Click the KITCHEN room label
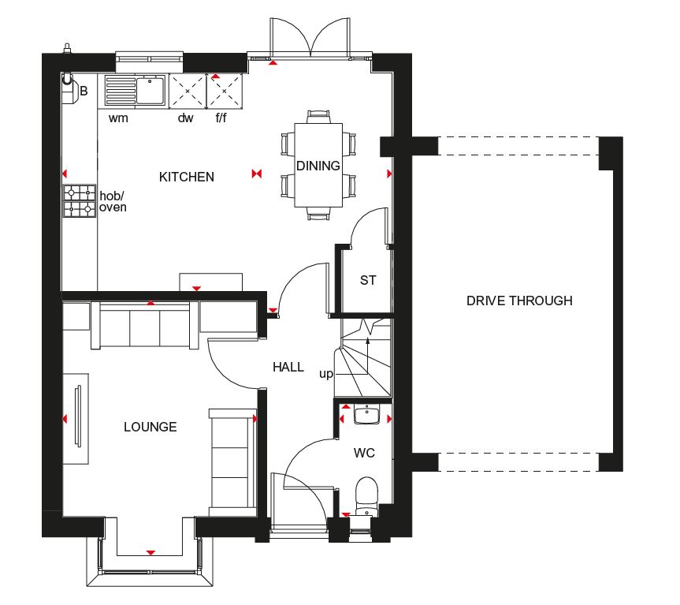[187, 177]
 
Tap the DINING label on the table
[318, 166]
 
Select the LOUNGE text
[150, 427]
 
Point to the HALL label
[288, 367]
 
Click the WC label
[364, 453]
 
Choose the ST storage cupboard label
[368, 280]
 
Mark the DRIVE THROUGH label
[519, 301]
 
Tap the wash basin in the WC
[367, 414]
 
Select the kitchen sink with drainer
[136, 91]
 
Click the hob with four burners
[80, 201]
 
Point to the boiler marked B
[69, 89]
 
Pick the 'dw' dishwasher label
[186, 118]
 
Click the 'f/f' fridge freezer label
[221, 118]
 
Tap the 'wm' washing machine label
[118, 118]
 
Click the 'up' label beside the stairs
[326, 374]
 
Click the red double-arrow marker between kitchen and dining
[257, 174]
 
